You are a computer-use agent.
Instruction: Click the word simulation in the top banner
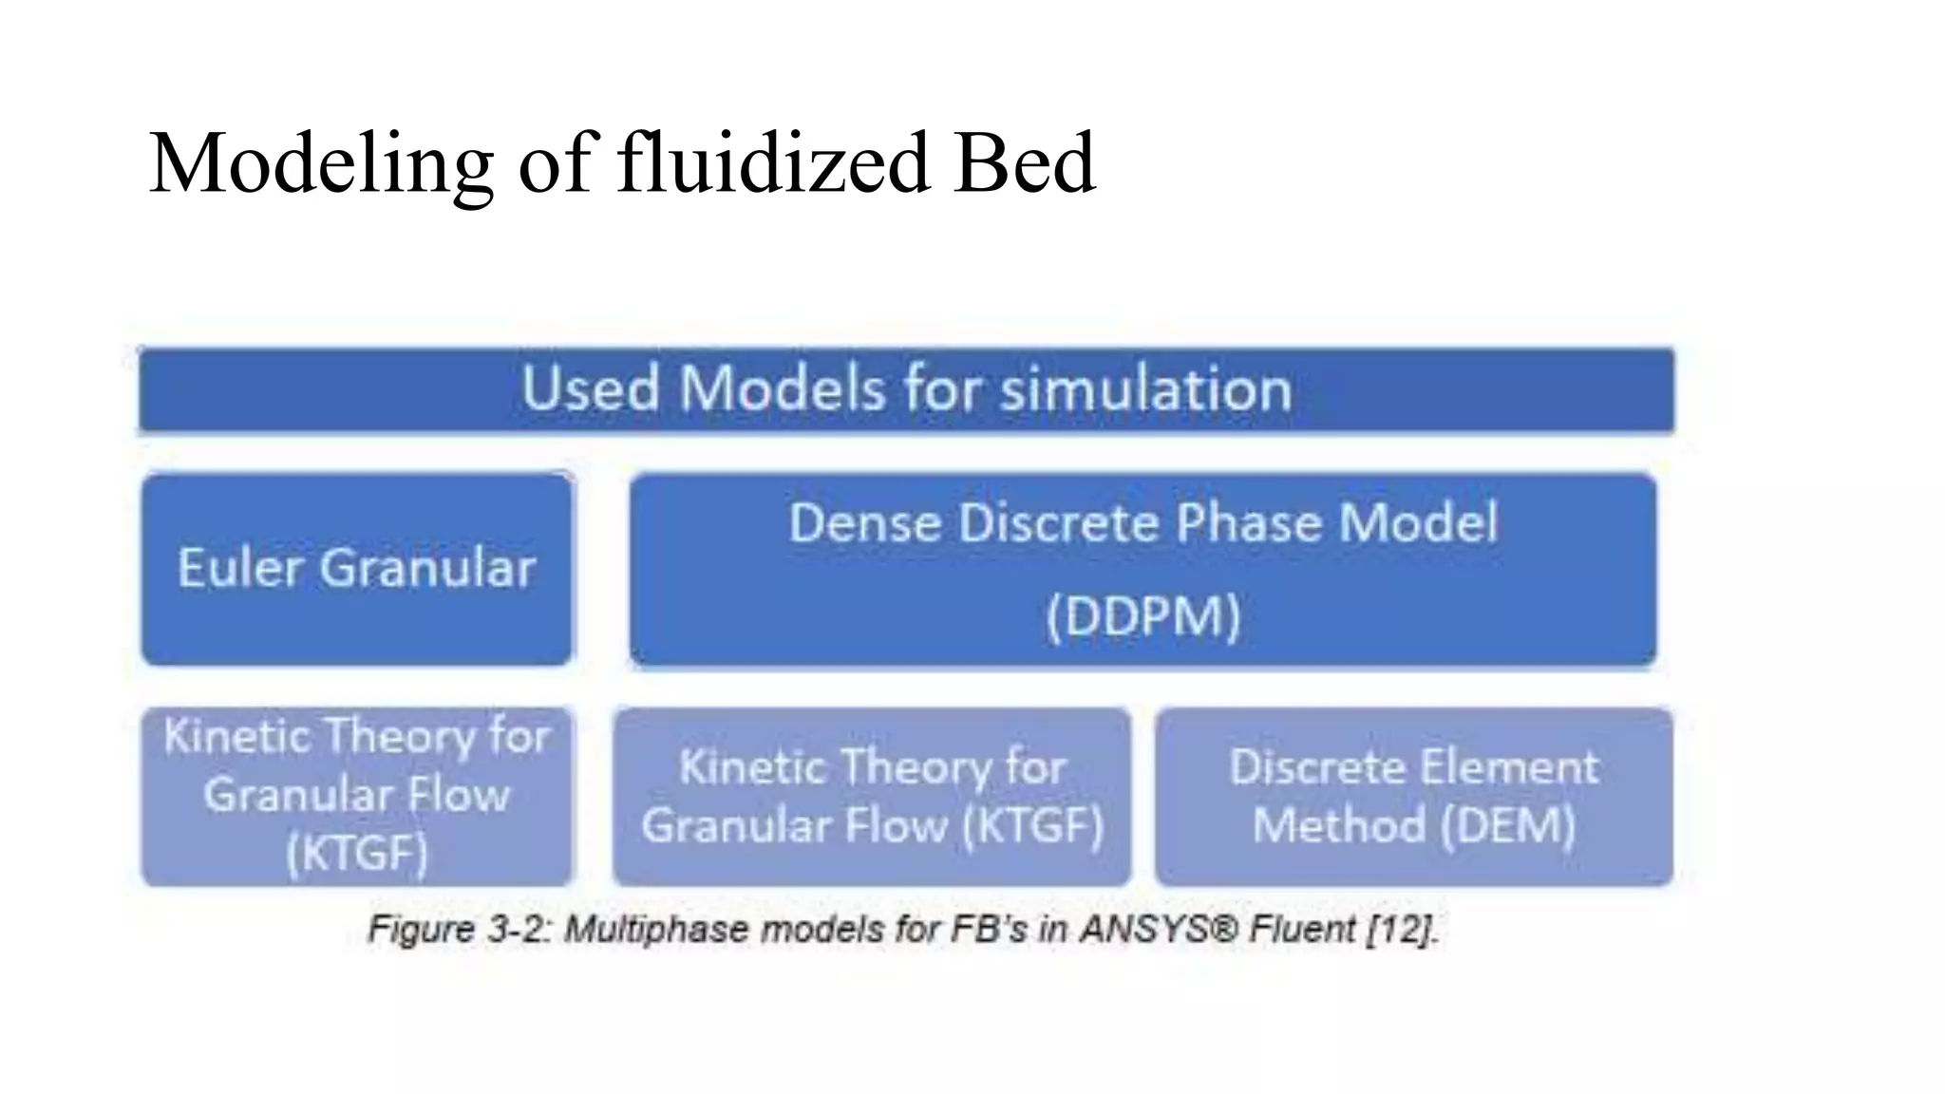tap(1145, 389)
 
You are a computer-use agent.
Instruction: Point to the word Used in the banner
tap(590, 389)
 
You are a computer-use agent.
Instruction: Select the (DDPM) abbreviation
tap(1142, 617)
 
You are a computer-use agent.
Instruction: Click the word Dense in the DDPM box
tap(865, 523)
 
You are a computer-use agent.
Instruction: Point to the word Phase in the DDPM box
tap(1248, 523)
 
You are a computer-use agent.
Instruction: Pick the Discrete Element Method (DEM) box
tap(1413, 796)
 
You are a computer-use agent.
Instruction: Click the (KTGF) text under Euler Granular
tap(357, 853)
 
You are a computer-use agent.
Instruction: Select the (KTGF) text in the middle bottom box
tap(1032, 825)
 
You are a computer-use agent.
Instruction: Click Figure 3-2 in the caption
tap(460, 929)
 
